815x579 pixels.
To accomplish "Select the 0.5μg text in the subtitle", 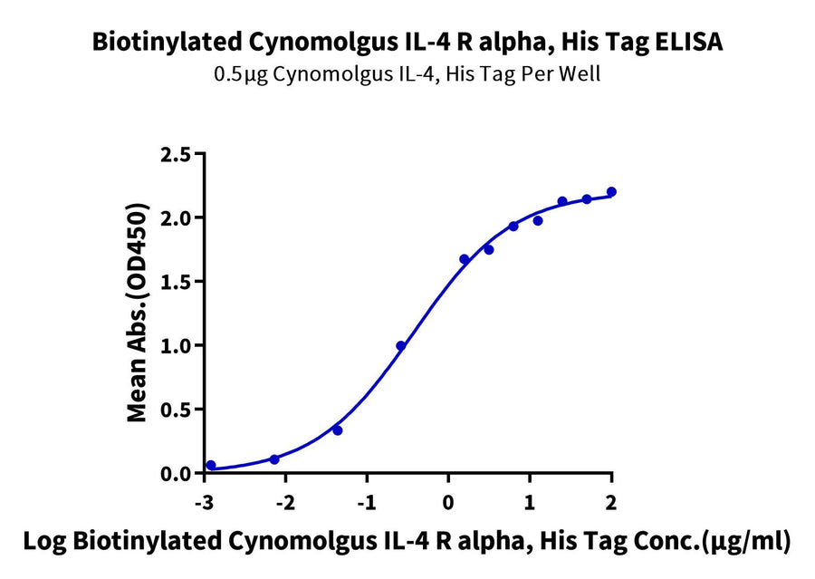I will click(238, 74).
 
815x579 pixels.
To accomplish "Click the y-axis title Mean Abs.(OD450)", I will click(138, 314).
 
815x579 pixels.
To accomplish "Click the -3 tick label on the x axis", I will click(206, 503).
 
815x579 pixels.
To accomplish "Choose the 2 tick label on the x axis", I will click(611, 503).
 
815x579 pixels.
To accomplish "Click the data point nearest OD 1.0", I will click(401, 345).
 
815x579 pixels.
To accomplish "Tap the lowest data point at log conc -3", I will click(211, 465).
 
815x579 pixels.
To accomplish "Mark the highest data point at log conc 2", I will click(611, 192).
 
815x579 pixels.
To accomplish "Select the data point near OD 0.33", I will click(338, 430).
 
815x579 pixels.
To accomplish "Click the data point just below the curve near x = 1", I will click(538, 220).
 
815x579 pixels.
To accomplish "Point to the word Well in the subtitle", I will click(580, 74).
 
